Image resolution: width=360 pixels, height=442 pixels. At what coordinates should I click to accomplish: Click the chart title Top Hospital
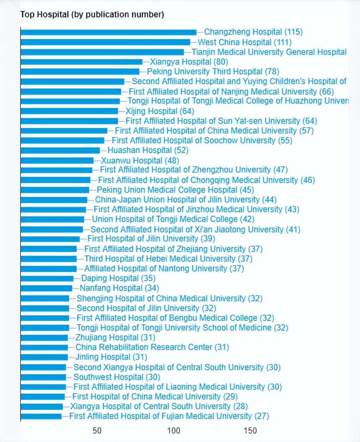(92, 14)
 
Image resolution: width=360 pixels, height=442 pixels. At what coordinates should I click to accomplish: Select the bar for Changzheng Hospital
(108, 32)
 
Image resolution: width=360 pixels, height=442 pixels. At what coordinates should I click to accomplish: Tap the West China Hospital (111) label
(244, 42)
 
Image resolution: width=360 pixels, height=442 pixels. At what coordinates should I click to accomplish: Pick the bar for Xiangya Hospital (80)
(81, 62)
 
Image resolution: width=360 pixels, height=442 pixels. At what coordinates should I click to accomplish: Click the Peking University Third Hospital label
(213, 71)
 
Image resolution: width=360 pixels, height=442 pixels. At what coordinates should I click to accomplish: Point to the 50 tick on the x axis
(97, 431)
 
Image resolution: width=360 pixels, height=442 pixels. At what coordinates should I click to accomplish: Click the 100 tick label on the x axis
(174, 431)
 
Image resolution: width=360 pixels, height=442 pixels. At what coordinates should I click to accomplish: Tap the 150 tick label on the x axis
(250, 431)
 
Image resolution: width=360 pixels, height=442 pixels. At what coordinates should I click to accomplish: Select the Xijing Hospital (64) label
(159, 111)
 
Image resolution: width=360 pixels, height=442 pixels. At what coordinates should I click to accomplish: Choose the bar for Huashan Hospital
(60, 150)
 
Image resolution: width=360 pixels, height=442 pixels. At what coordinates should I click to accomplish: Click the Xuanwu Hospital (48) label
(140, 160)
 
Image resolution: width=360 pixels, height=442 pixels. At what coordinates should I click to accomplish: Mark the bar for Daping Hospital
(47, 278)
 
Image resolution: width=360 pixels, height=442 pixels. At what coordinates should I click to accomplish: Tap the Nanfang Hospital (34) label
(119, 288)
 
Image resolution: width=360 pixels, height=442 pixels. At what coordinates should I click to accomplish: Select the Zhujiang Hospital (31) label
(115, 337)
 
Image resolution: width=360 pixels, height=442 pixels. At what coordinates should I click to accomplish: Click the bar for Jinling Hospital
(44, 357)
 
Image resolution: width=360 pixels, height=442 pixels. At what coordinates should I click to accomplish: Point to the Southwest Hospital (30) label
(117, 377)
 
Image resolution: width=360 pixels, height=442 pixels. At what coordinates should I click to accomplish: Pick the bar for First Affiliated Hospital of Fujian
(41, 416)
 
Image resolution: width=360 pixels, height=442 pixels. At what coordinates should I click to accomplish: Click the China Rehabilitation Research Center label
(152, 347)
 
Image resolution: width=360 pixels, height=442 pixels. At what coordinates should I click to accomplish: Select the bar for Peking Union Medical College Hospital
(55, 190)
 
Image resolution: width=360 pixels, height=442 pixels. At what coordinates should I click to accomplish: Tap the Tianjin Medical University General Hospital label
(269, 52)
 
